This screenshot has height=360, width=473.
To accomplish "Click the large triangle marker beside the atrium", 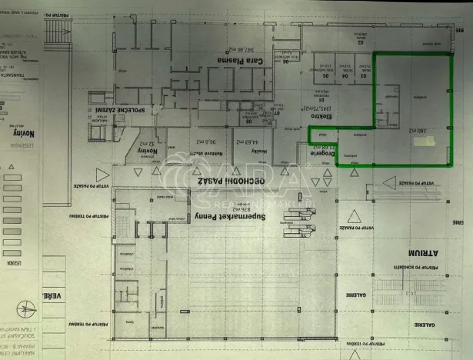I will [x=354, y=217].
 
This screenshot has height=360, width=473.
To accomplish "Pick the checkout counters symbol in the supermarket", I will [x=297, y=224].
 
